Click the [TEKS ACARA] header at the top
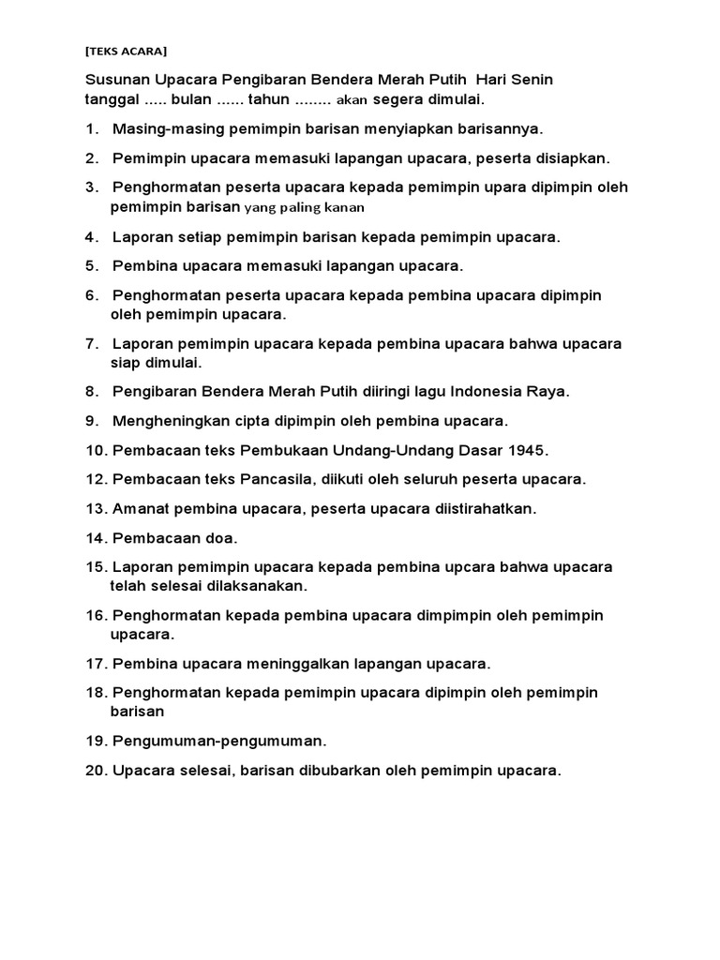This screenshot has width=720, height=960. coord(127,51)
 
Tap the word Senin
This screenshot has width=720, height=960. coord(531,80)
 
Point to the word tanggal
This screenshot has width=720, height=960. coord(112,99)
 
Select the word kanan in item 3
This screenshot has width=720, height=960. coord(345,207)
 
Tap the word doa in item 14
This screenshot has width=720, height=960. coord(219,538)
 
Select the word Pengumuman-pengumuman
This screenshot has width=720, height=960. coord(217,742)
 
